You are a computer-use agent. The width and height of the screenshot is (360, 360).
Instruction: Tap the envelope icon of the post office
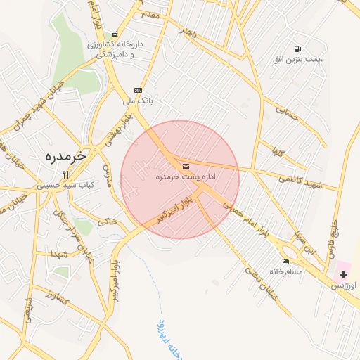186,167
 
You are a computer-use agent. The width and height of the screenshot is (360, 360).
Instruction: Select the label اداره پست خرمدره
186,177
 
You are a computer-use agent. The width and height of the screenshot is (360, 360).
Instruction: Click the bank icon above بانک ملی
138,90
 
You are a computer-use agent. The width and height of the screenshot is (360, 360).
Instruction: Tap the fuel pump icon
298,49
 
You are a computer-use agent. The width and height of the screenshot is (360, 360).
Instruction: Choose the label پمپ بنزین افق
297,60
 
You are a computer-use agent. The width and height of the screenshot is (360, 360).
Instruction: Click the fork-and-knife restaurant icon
66,174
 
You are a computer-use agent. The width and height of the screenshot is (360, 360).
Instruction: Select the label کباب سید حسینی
65,185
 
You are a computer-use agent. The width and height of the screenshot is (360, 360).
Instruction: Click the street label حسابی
288,113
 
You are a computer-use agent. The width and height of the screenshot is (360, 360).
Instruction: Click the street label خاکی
108,221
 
